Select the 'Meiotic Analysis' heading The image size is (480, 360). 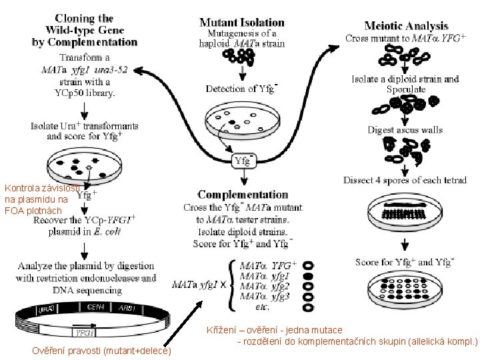[x=406, y=26]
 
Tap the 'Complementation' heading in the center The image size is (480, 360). [x=243, y=195]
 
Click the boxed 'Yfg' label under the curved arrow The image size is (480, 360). [x=243, y=161]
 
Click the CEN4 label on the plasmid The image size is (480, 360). [x=95, y=307]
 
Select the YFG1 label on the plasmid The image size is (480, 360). [x=86, y=332]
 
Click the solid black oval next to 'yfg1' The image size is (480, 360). [x=307, y=275]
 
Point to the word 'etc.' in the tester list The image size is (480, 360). [x=262, y=307]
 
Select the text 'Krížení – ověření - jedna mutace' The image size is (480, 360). [x=274, y=330]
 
